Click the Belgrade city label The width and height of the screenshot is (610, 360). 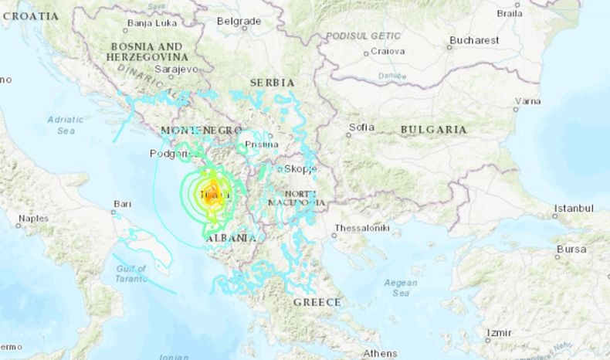[x=239, y=21]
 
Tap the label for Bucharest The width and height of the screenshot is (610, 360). [x=475, y=39]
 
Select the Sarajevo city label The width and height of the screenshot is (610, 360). [x=175, y=68]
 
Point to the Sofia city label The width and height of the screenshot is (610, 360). [x=361, y=127]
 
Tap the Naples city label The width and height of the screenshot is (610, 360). [x=33, y=219]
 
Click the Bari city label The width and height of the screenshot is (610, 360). [x=121, y=204]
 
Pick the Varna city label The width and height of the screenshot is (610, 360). [x=527, y=100]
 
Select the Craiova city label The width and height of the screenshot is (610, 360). [x=387, y=51]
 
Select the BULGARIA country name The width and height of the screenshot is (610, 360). [x=433, y=130]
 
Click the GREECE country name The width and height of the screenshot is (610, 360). [x=317, y=302]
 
